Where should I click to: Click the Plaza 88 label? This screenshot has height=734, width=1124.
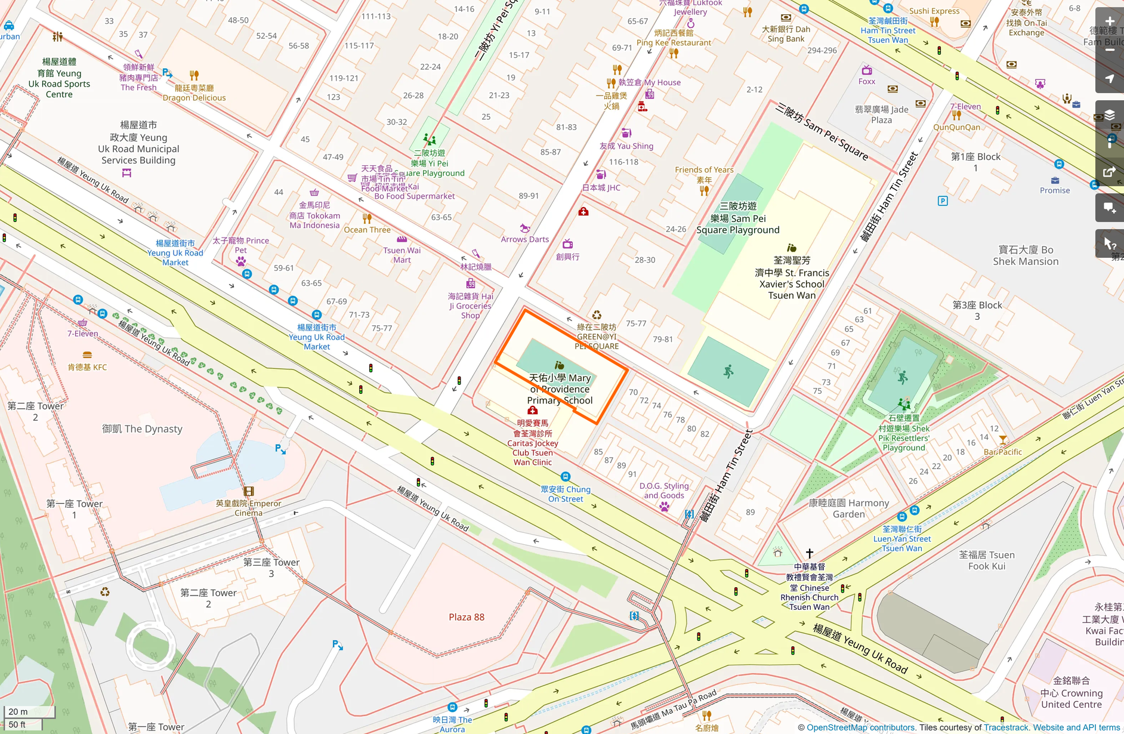tap(467, 617)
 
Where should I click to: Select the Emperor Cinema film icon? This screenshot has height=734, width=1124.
tap(249, 491)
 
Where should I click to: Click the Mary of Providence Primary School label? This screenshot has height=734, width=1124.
tap(560, 388)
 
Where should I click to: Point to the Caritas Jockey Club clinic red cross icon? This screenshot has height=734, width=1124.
tap(533, 411)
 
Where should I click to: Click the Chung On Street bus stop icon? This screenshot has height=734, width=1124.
tap(565, 477)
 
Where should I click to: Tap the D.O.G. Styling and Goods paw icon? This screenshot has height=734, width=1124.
tap(664, 507)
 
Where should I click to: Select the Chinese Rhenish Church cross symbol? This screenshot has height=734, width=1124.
tap(810, 553)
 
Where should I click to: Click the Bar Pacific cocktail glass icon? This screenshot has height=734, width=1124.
tap(1003, 440)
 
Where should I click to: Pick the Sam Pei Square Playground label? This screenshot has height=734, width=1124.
tap(738, 218)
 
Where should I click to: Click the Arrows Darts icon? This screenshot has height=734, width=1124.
tap(525, 229)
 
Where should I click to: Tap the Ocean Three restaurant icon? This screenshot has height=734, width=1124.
tap(367, 218)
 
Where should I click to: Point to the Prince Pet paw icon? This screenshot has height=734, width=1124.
tap(240, 261)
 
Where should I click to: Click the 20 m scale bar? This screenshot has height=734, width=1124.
tap(29, 711)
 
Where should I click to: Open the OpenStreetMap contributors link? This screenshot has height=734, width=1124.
tap(860, 727)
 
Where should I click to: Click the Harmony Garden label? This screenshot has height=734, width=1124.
tap(848, 508)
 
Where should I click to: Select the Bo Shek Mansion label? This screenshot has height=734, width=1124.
tap(1026, 255)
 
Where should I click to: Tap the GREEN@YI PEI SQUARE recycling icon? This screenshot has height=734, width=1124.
tap(597, 315)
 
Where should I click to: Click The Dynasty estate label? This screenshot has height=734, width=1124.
tap(142, 428)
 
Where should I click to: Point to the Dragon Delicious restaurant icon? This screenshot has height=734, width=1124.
tap(194, 76)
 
